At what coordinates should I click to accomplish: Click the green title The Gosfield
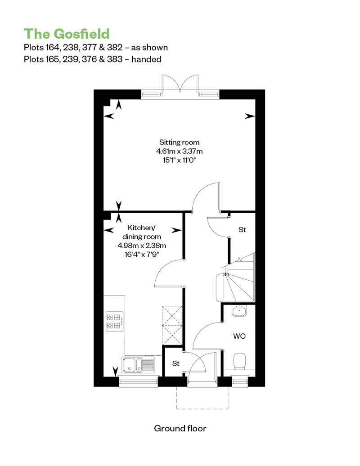(x=67, y=34)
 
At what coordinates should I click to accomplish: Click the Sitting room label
(x=179, y=142)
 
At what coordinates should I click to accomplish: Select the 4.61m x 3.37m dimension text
(x=180, y=151)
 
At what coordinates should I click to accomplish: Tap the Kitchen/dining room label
(x=142, y=232)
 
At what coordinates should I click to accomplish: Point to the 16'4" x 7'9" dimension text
(x=142, y=255)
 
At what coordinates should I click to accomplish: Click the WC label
(x=239, y=336)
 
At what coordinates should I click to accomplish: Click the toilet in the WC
(x=239, y=361)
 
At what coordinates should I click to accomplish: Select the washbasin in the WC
(x=239, y=311)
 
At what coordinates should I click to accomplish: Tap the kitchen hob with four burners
(x=115, y=321)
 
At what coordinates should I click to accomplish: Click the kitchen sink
(x=138, y=365)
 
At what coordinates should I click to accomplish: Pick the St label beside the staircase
(x=242, y=230)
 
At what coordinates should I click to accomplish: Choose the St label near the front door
(x=176, y=363)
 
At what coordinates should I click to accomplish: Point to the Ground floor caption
(x=180, y=428)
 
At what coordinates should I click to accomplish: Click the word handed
(x=146, y=59)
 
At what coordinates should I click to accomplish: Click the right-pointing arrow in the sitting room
(x=250, y=116)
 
